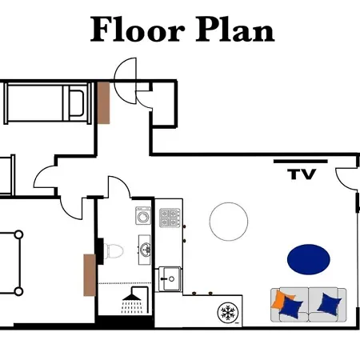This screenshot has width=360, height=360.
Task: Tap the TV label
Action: tap(302, 174)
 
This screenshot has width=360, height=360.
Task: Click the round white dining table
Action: tap(229, 221)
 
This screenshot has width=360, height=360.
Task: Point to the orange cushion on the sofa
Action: tap(280, 301)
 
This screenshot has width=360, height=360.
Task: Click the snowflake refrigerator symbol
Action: tap(228, 312)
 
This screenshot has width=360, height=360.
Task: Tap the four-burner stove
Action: tap(169, 216)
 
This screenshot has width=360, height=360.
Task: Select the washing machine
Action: tap(144, 216)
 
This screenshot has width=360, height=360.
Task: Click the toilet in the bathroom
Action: tap(113, 251)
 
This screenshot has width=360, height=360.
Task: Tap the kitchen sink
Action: tap(169, 278)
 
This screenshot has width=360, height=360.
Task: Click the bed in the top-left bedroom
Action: tap(44, 103)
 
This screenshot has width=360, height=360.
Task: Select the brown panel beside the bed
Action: tap(103, 102)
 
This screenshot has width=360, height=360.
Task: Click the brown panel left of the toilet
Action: tap(88, 274)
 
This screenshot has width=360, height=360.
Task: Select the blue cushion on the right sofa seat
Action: tap(329, 303)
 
